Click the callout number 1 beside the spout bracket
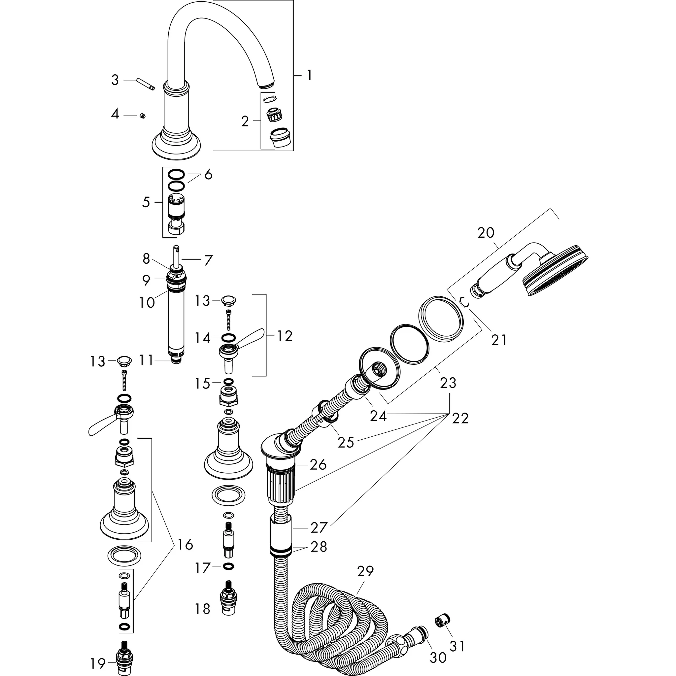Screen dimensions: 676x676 (x=309, y=75)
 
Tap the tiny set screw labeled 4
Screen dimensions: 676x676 (x=142, y=116)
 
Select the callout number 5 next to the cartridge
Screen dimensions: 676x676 (x=146, y=202)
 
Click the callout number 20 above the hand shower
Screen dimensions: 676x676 (x=486, y=233)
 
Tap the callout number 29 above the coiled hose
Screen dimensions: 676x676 (x=365, y=571)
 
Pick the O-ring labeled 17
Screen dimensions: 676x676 (x=228, y=566)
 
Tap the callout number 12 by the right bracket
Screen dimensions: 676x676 (x=285, y=336)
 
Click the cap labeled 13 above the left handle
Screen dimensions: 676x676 (x=124, y=359)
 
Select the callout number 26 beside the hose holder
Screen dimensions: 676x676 (x=318, y=464)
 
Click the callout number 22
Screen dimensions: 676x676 (x=460, y=418)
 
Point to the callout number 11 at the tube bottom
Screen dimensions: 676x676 (x=147, y=360)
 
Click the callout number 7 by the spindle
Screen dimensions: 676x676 (x=208, y=260)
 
